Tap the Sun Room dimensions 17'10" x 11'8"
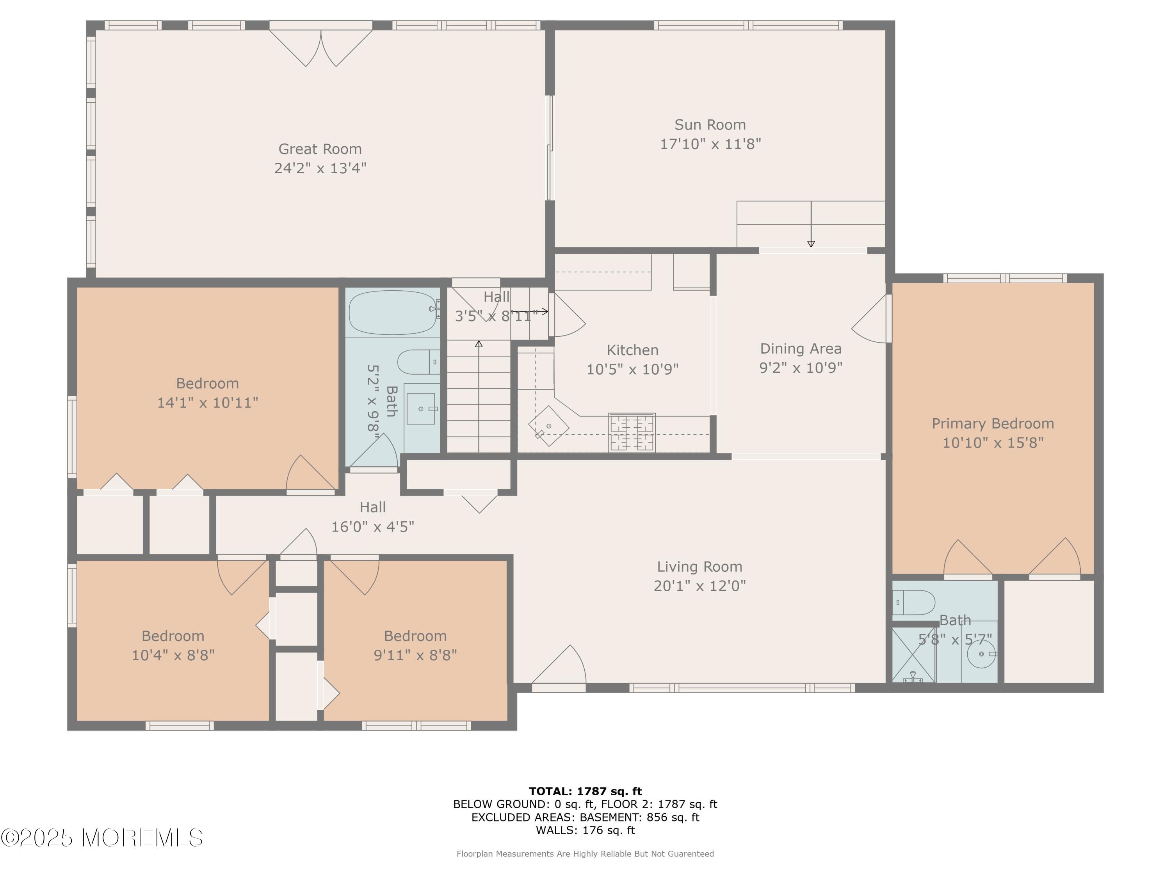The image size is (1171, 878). tap(710, 144)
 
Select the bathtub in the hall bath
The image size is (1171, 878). tap(393, 312)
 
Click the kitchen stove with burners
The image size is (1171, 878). tap(632, 432)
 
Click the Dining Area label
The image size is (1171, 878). tap(801, 349)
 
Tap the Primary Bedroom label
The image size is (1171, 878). tap(993, 424)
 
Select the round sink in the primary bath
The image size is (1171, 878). tap(981, 654)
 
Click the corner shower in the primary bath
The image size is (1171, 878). tap(914, 655)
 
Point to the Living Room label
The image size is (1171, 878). tap(699, 567)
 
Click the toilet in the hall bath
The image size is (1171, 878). tap(418, 362)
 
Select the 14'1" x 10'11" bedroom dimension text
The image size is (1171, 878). tap(208, 403)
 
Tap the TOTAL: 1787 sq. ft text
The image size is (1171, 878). tap(585, 791)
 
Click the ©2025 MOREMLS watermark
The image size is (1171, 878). tap(101, 838)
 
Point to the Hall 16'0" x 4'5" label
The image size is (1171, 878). tap(373, 517)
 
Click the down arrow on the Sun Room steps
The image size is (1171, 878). tap(811, 224)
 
